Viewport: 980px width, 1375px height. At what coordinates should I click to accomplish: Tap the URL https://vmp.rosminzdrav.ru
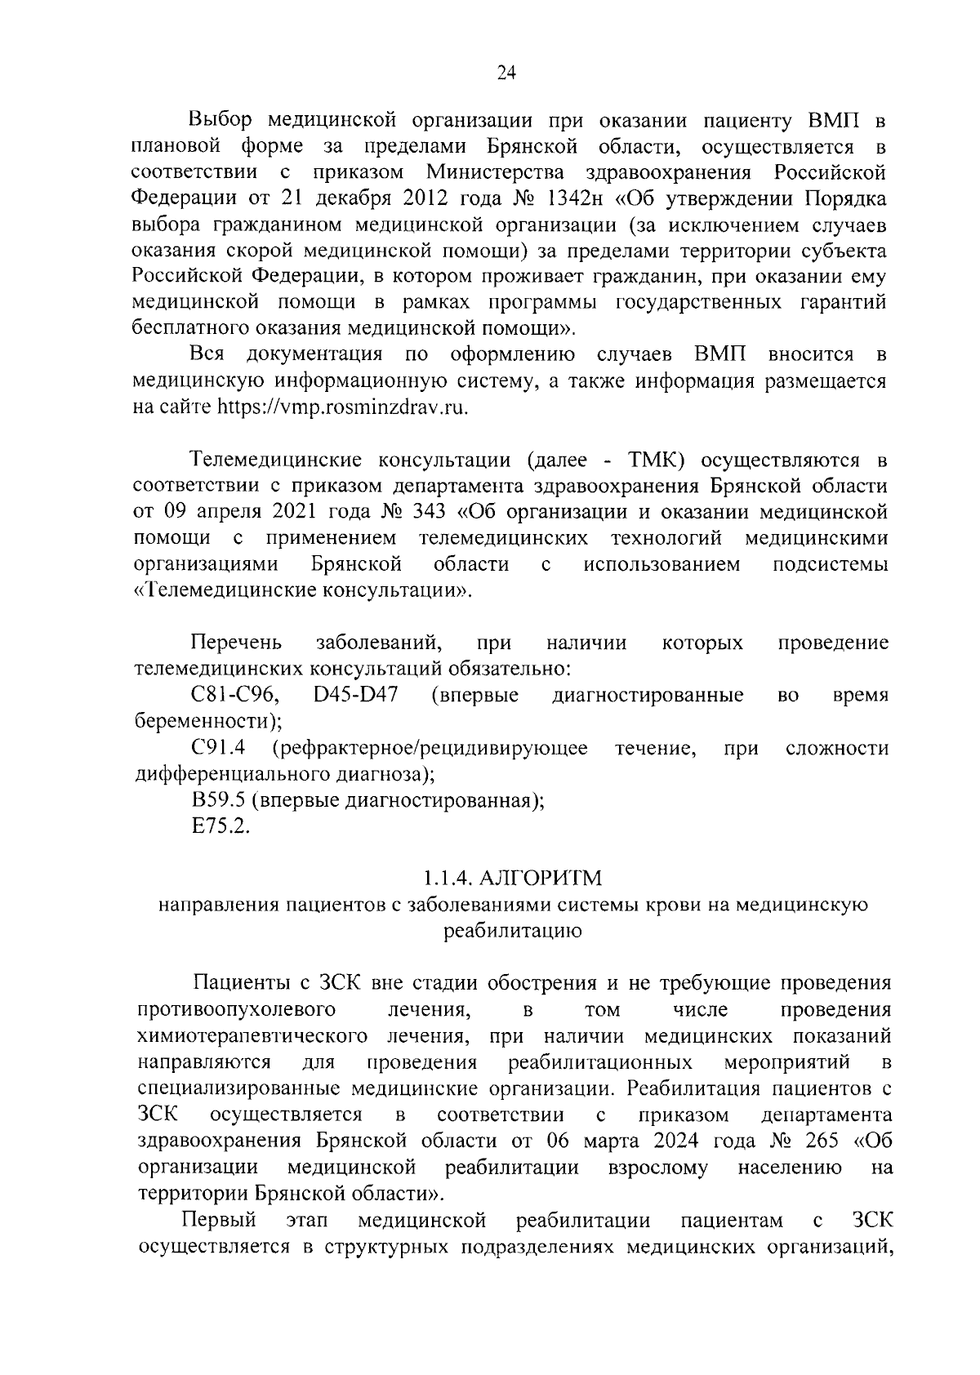pyautogui.click(x=342, y=407)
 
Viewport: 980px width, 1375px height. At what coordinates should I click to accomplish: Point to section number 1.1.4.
pyautogui.click(x=447, y=879)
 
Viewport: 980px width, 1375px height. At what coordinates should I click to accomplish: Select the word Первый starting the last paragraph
pyautogui.click(x=219, y=1220)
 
